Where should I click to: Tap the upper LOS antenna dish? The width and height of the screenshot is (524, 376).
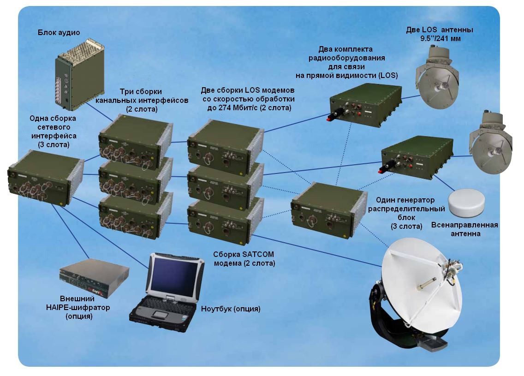[x=438, y=87]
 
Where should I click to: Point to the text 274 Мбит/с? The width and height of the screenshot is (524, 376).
[x=240, y=107]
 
